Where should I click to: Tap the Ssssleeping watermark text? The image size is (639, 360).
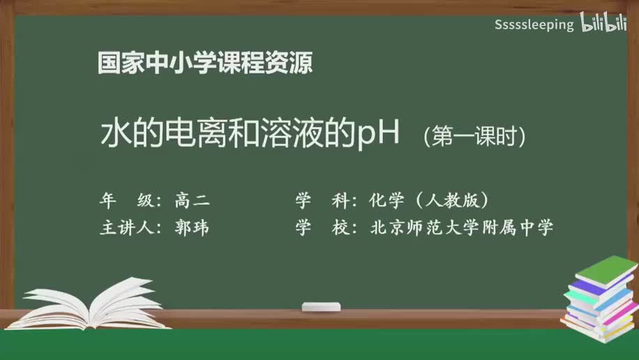pos(534,25)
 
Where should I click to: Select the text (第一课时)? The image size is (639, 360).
pos(474,136)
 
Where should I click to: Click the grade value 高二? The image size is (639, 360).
pos(192,201)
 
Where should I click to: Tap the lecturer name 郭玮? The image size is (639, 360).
pos(192,228)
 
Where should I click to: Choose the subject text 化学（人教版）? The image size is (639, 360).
pos(428,201)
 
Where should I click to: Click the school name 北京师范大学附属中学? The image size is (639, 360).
pos(461,228)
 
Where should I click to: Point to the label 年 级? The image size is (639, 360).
pos(126,201)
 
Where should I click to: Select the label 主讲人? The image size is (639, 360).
pos(126,228)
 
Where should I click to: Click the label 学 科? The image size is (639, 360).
pos(322,201)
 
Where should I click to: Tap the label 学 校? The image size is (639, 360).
pos(322,228)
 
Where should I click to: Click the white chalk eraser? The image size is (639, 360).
pos(321,306)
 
